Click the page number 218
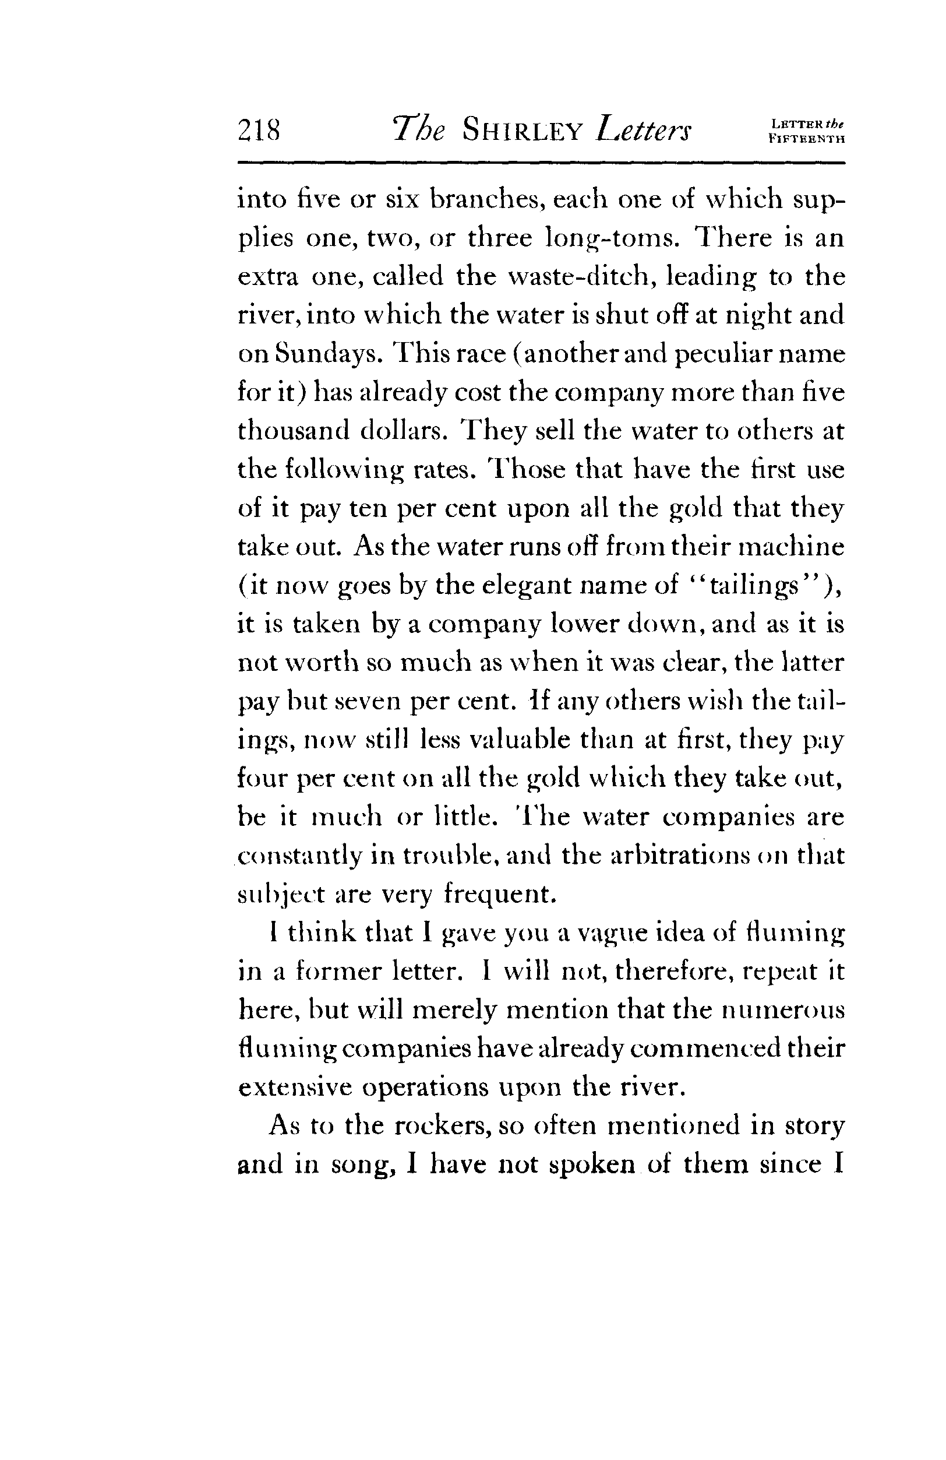pos(259,130)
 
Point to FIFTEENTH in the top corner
pos(806,139)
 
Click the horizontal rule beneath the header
pos(541,163)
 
